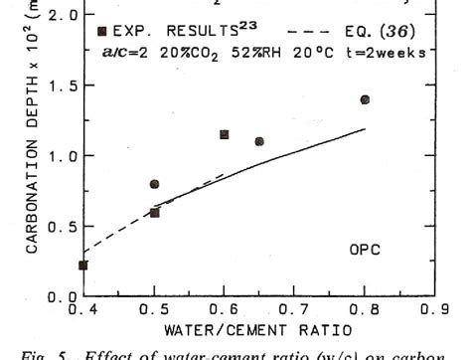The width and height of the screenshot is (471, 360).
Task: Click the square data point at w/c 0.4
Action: coord(83,266)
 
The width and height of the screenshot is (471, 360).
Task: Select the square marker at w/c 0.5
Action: coord(154,213)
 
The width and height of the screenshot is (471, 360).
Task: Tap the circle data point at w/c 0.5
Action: coord(154,184)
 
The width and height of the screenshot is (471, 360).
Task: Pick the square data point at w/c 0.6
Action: coord(224,134)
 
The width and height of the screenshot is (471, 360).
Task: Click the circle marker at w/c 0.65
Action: coord(259,141)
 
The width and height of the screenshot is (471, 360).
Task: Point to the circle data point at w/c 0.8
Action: coord(365,99)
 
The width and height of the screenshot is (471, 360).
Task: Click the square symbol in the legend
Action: coord(102,31)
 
